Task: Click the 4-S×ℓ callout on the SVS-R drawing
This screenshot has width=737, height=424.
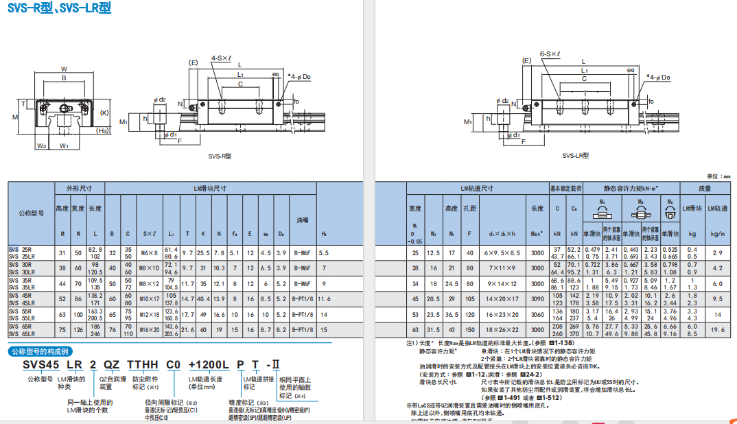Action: [x=222, y=58]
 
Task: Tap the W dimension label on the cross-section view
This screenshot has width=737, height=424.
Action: [x=64, y=69]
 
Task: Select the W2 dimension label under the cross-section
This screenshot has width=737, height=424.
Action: [x=41, y=145]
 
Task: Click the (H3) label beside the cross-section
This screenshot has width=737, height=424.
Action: [x=103, y=130]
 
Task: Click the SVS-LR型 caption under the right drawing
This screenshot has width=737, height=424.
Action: [x=577, y=156]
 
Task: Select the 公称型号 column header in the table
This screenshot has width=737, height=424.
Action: [x=30, y=213]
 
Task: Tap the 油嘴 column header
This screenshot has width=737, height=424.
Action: [x=302, y=220]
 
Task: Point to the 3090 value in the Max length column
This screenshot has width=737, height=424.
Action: [x=537, y=298]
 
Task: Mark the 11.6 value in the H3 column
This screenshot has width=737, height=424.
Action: [x=324, y=298]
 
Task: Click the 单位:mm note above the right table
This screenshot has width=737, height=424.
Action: [x=719, y=176]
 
